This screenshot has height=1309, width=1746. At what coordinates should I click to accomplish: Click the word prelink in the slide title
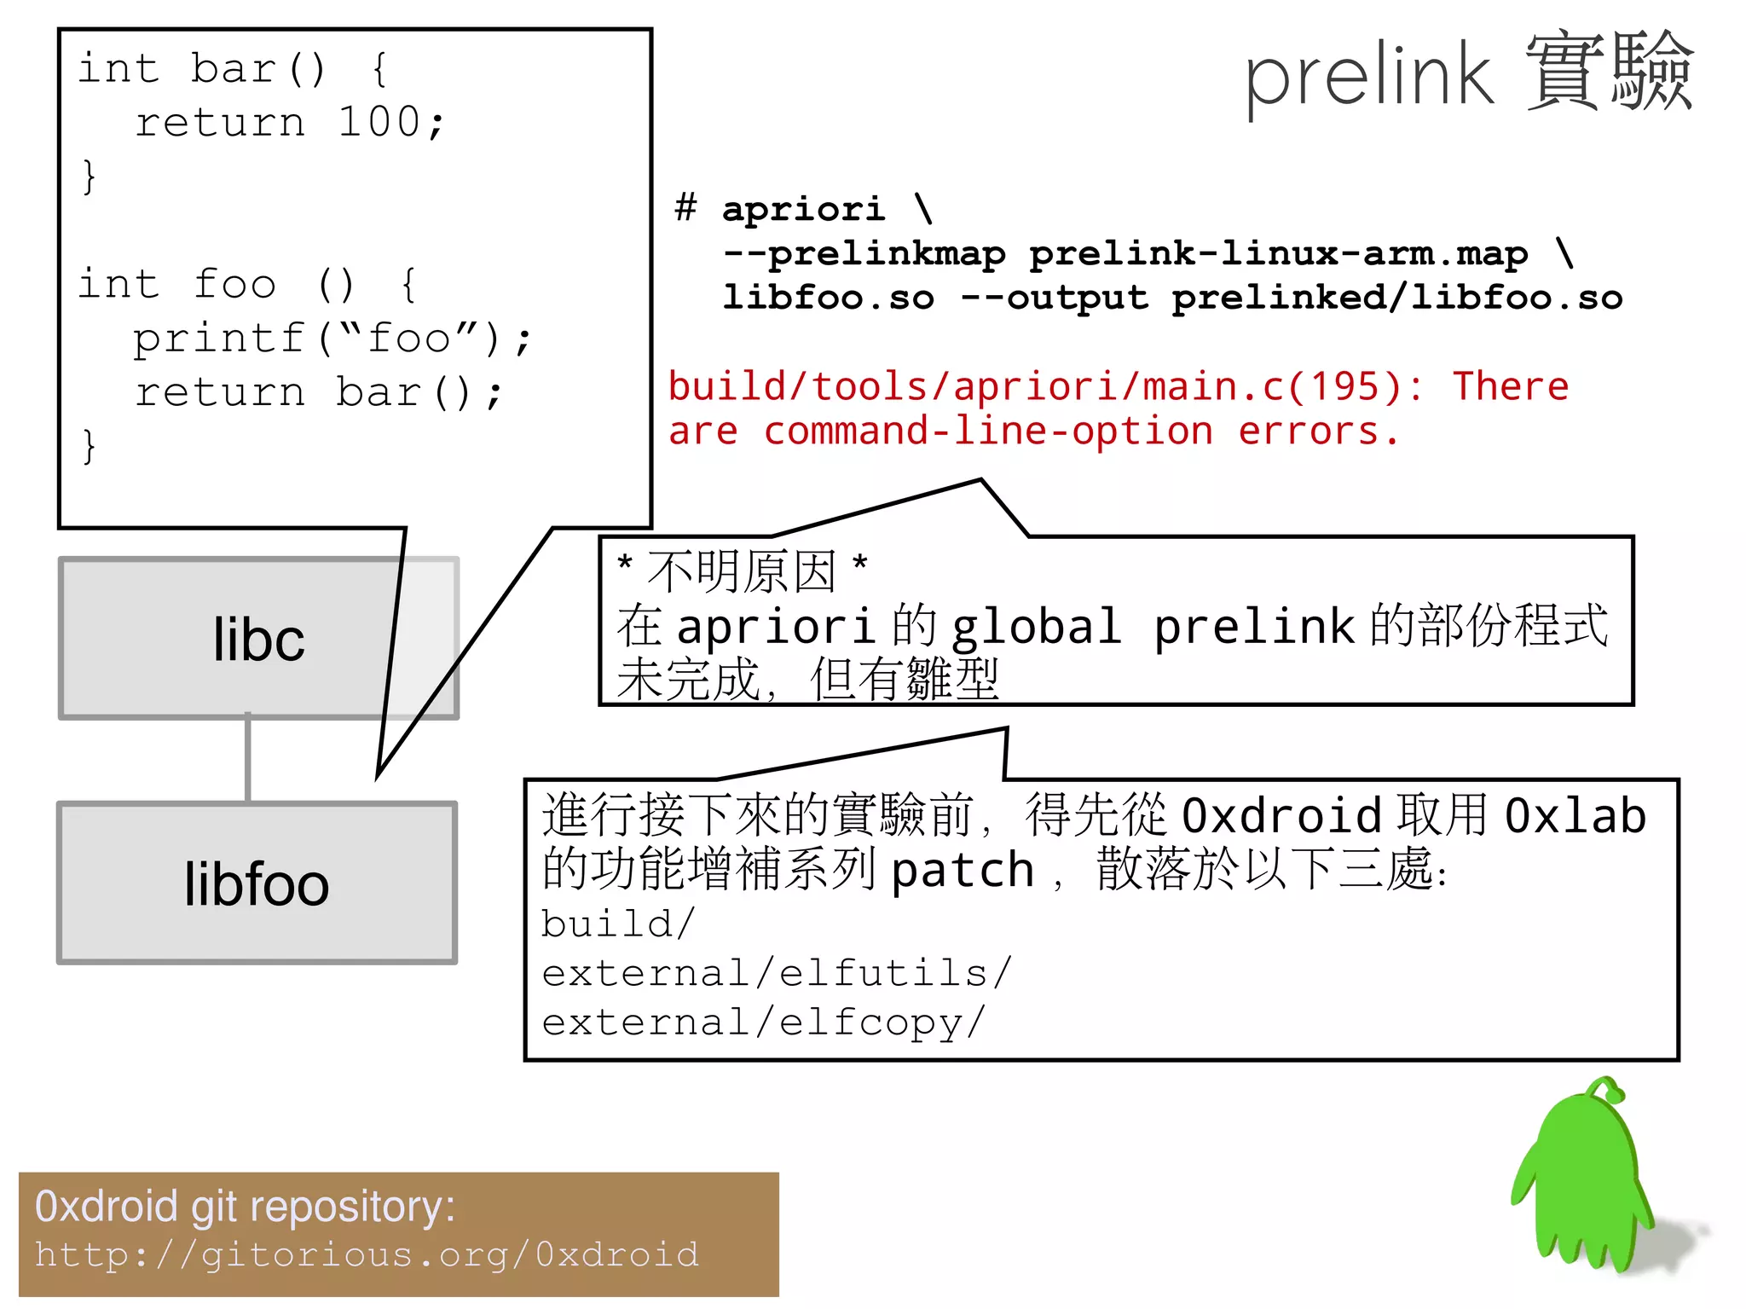[1368, 77]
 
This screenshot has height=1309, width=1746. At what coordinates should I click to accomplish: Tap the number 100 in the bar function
[379, 122]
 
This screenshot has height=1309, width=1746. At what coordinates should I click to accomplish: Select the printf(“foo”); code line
[332, 339]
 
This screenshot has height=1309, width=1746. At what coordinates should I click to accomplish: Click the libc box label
[258, 640]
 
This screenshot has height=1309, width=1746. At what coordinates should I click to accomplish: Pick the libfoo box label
[257, 884]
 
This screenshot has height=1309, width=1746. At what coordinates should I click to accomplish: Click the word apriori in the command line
[803, 209]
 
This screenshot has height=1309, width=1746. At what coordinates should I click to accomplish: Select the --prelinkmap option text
[864, 253]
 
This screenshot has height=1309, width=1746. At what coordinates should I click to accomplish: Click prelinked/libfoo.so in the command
[1396, 298]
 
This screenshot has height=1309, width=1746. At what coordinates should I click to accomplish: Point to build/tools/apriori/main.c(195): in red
[1044, 387]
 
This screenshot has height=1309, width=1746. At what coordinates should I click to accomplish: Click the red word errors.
[1317, 432]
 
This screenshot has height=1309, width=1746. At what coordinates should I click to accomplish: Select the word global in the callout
[1036, 627]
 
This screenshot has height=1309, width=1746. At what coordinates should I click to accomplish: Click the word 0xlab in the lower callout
[1575, 816]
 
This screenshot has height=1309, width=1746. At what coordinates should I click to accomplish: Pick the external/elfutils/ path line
[776, 973]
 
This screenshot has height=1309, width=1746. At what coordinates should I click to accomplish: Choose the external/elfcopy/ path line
[763, 1022]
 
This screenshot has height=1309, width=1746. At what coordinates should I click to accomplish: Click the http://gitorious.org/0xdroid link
[367, 1254]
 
